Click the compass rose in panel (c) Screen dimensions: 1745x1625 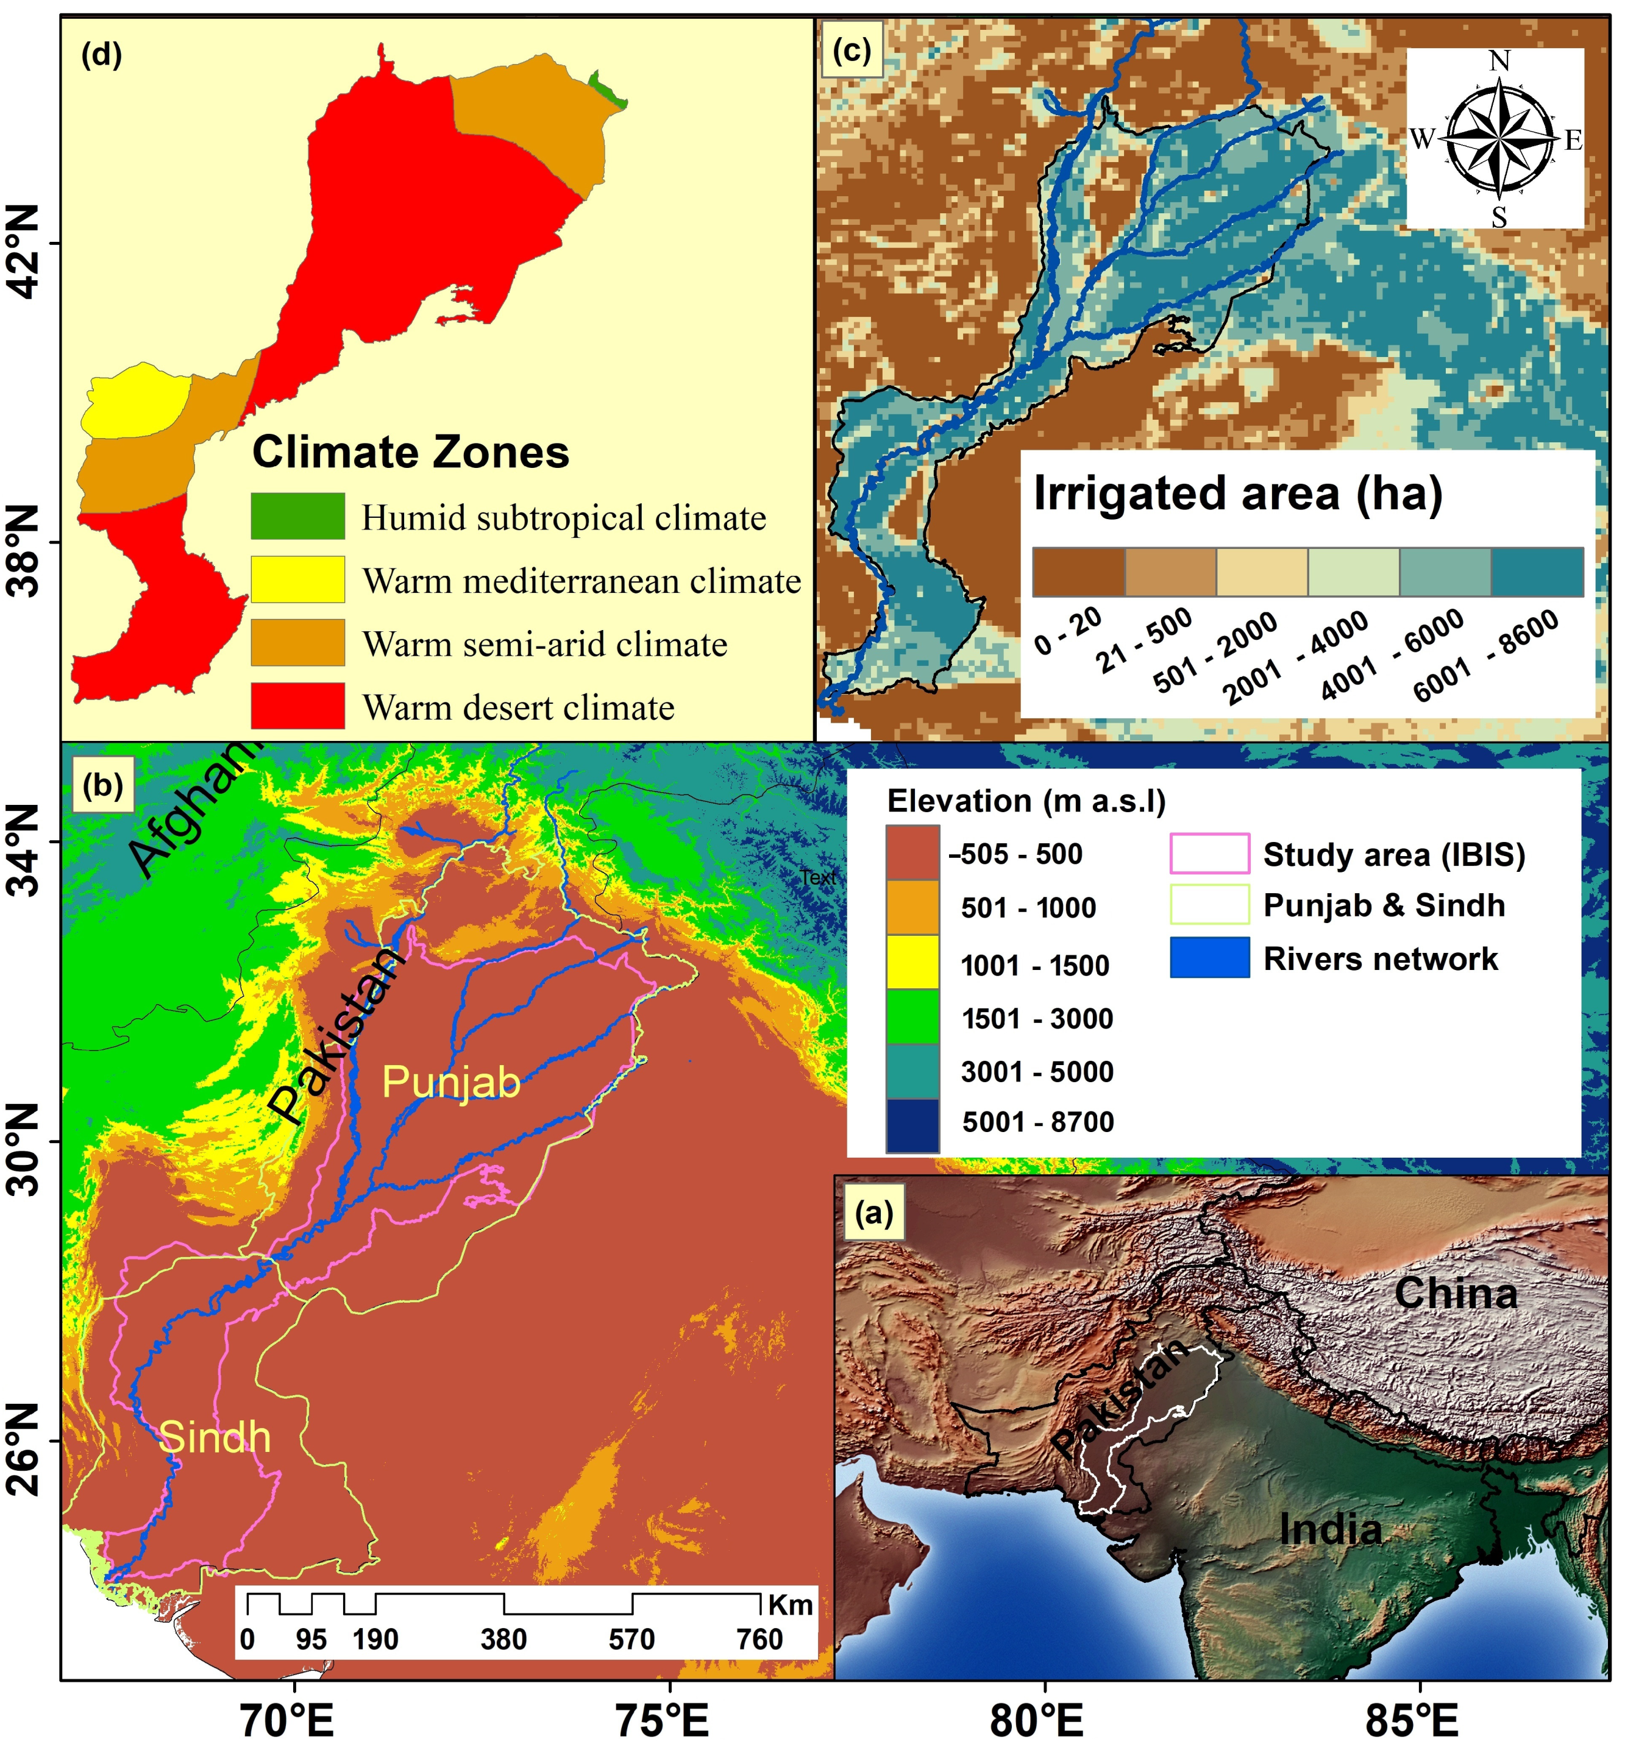pos(1498,138)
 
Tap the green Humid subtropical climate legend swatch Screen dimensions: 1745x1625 pos(297,516)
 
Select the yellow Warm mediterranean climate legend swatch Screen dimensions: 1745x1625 pos(297,579)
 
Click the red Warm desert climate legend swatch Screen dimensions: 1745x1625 pos(297,706)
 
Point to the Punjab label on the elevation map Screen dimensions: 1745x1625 pos(451,1081)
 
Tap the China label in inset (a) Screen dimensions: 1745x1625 pos(1455,1294)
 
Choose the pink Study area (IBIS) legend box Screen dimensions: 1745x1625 pos(1209,853)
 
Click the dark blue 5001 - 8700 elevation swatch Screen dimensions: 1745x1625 pos(912,1124)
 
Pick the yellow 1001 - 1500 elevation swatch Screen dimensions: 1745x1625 pos(912,964)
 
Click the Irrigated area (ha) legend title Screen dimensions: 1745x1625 pos(1238,494)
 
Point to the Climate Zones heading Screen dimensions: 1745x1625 pos(410,453)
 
